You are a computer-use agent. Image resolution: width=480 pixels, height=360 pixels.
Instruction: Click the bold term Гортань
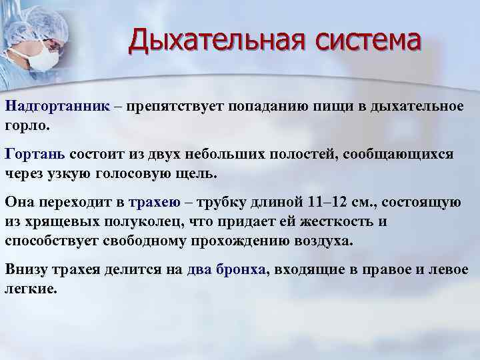tap(35, 154)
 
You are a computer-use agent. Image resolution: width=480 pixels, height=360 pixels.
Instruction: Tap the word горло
tap(26, 125)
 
